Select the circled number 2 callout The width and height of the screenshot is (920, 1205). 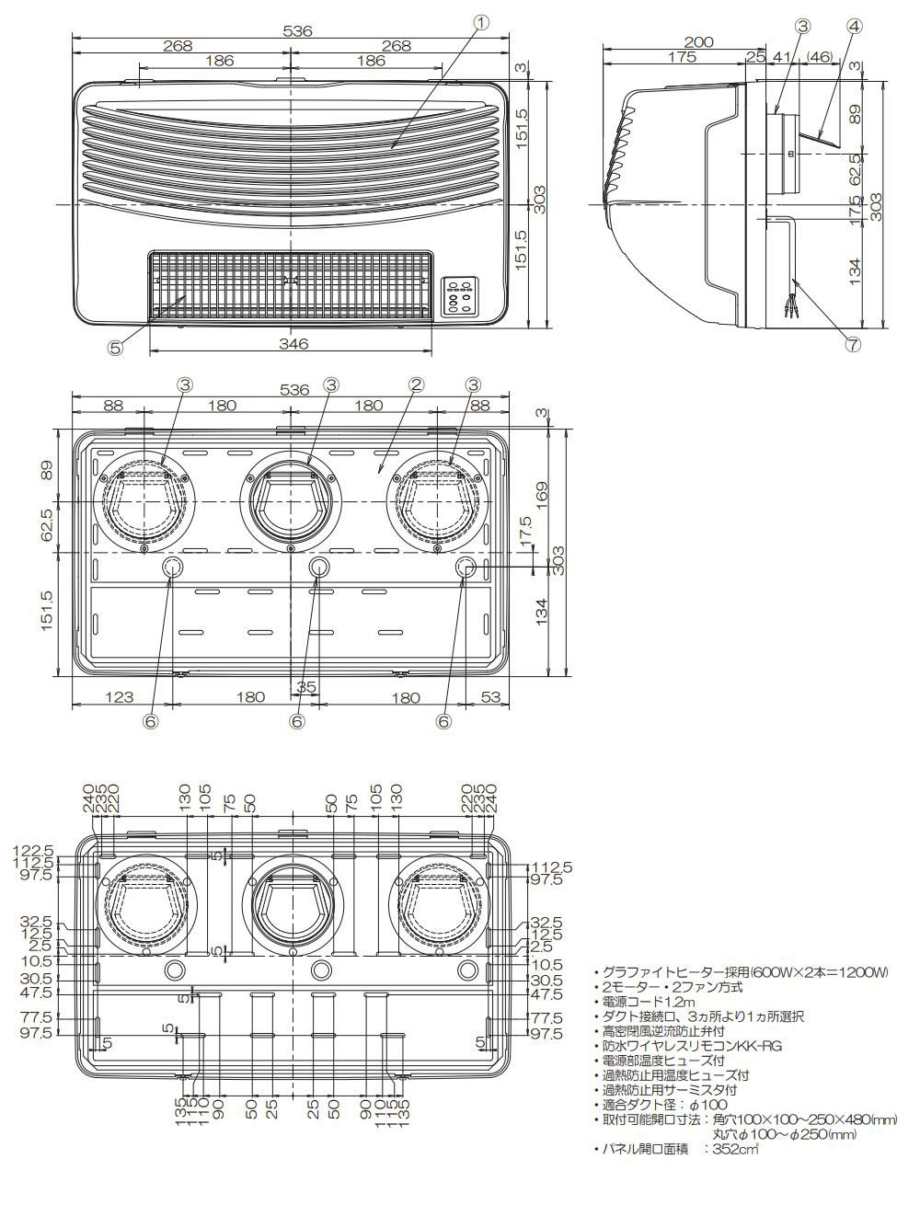coord(416,384)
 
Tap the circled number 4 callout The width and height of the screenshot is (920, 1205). coord(855,27)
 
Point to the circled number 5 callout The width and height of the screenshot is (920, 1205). coord(115,348)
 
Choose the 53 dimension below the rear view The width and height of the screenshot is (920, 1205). coord(489,697)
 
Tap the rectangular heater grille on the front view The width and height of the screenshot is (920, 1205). coord(291,283)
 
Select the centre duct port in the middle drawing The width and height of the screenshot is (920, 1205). coord(291,502)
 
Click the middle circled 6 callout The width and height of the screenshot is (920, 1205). coord(296,722)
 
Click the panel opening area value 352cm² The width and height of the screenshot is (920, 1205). coord(734,1149)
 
